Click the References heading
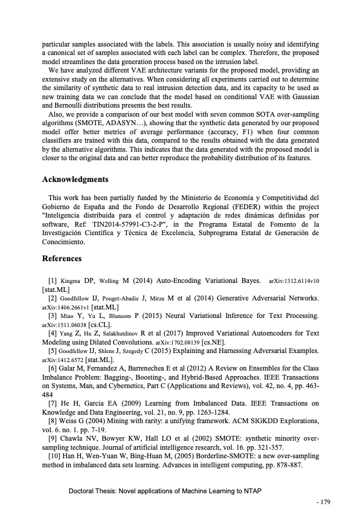click(62, 259)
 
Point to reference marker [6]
click(53, 368)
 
